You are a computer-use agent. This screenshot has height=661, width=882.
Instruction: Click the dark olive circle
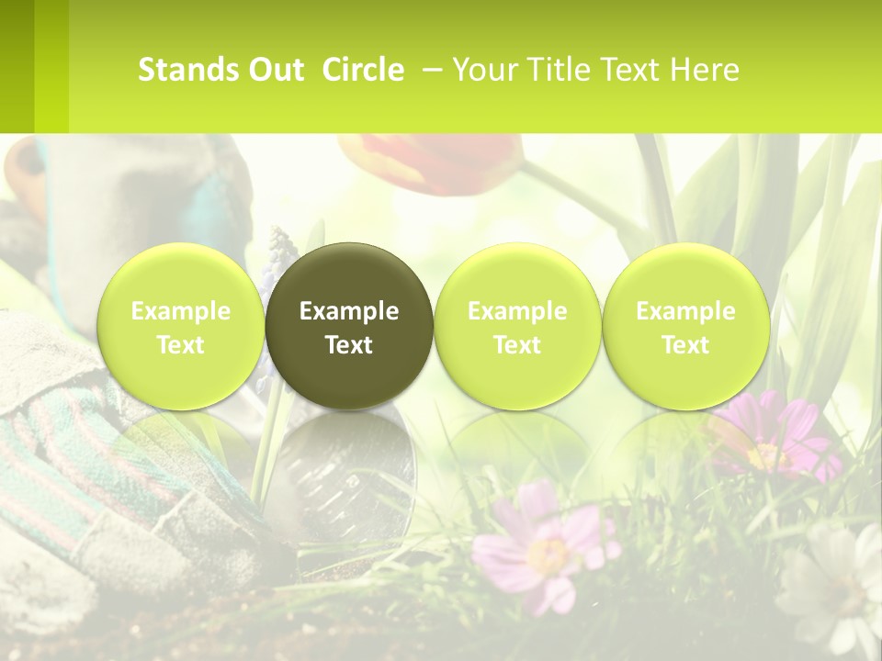coord(349,326)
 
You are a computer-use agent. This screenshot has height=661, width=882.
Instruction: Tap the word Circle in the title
coord(363,70)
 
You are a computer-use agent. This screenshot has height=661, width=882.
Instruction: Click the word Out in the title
coord(276,70)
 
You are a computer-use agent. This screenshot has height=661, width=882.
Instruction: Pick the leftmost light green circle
coord(180,326)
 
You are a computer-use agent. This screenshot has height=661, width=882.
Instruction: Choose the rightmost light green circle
coord(685,326)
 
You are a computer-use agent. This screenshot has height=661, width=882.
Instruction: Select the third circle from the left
coord(517,326)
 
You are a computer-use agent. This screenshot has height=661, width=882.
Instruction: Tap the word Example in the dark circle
coord(349,311)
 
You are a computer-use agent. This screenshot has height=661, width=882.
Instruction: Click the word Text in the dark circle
coord(349,345)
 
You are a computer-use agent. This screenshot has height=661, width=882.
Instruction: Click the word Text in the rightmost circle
coord(685,345)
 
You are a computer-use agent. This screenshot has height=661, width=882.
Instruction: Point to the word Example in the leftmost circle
coord(180,311)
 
